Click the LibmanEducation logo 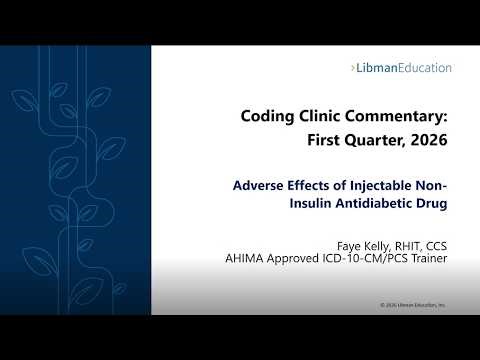coord(402,68)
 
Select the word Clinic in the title coord(322,116)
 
